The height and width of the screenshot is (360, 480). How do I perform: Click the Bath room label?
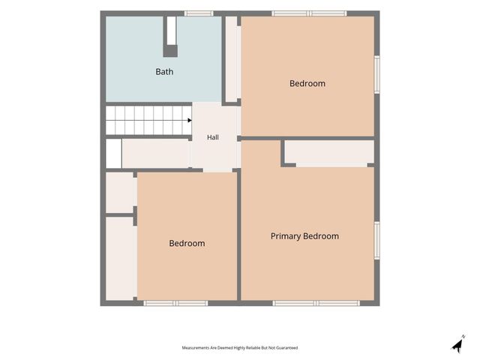click(164, 72)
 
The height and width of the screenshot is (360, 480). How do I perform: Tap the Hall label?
click(213, 137)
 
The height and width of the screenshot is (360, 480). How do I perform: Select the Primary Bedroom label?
click(304, 236)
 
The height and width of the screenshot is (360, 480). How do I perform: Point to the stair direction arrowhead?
click(190, 120)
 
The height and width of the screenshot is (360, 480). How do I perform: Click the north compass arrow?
click(458, 345)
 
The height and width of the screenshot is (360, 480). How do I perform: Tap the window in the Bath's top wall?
click(199, 13)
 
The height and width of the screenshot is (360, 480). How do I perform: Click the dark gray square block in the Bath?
click(170, 51)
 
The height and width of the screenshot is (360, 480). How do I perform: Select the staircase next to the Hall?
click(148, 120)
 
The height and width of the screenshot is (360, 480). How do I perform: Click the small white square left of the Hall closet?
click(113, 153)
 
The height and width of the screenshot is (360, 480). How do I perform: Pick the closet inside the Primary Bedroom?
click(329, 152)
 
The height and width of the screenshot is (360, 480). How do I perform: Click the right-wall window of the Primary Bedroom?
click(377, 241)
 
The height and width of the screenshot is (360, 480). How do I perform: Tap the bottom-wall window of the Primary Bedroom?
click(316, 303)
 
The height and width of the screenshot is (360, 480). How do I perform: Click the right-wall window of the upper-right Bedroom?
click(377, 74)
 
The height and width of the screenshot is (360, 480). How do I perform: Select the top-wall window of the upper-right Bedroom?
click(309, 13)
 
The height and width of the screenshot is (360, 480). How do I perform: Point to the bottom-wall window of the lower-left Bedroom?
click(175, 303)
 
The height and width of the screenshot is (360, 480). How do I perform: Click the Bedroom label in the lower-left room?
click(187, 243)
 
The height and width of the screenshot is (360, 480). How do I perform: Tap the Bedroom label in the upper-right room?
click(307, 83)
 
